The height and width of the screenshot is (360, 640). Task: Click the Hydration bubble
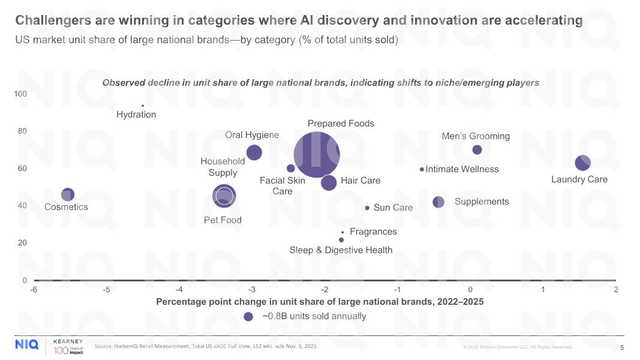(x=143, y=106)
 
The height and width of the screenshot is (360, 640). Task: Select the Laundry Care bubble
(x=582, y=162)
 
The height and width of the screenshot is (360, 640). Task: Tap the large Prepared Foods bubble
(x=317, y=154)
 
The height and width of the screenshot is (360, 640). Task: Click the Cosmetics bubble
(x=68, y=194)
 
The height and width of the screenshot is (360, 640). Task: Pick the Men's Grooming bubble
(x=477, y=149)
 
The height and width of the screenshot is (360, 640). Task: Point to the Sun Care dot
(x=367, y=208)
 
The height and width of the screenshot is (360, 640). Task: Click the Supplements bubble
(x=438, y=202)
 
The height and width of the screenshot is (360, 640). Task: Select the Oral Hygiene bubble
(x=254, y=152)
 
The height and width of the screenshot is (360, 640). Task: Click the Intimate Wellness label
(x=462, y=169)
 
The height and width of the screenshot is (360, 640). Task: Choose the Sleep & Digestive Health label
(x=341, y=250)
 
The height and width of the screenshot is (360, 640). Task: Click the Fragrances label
(x=373, y=232)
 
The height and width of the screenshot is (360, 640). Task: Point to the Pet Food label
(x=223, y=220)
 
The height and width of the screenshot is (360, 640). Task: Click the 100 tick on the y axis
(x=21, y=94)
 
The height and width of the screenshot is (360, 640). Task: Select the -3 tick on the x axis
(x=251, y=290)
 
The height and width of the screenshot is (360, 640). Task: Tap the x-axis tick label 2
(x=615, y=290)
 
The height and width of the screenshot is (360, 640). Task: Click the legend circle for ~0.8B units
(x=248, y=317)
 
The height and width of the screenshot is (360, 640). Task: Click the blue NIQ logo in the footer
(x=27, y=344)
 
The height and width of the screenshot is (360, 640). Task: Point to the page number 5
(x=622, y=347)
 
